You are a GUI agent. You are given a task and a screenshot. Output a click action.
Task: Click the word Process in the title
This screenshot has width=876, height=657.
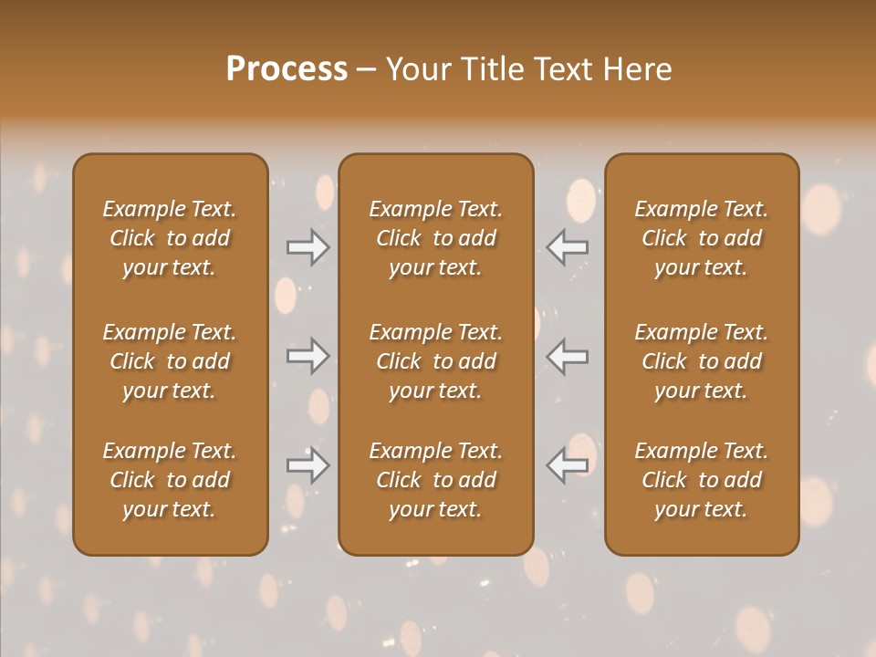(x=287, y=69)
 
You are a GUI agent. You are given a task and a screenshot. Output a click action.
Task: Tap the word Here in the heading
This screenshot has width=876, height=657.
(x=636, y=69)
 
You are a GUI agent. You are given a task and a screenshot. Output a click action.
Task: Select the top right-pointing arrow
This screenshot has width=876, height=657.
(x=308, y=247)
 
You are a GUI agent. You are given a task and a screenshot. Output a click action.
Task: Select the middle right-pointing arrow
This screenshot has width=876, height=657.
(x=308, y=356)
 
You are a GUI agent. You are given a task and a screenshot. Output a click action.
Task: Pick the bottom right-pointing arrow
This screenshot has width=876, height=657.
(x=308, y=465)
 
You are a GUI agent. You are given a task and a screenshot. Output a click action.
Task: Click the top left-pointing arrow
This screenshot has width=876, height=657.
(x=568, y=247)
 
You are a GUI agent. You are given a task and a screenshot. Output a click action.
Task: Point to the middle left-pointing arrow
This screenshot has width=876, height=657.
(x=568, y=356)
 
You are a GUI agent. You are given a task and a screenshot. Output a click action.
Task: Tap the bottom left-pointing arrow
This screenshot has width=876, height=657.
(x=568, y=465)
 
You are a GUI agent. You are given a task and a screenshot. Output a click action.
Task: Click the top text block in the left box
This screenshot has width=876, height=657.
(x=170, y=238)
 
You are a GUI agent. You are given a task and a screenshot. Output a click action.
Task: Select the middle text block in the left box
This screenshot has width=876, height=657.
(x=170, y=361)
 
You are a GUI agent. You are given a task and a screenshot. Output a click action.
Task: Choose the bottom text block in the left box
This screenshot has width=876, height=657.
(x=170, y=480)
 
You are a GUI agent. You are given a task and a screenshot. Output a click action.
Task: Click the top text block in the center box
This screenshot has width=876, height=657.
(x=436, y=238)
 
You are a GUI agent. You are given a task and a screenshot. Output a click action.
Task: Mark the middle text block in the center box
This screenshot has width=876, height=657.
(x=436, y=361)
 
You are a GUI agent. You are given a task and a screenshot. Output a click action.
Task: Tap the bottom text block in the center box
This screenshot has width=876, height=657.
(x=436, y=480)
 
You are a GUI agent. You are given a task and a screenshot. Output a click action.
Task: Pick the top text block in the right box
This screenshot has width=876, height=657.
(x=702, y=238)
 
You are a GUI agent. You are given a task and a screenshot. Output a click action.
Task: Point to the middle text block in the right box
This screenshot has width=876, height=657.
(x=702, y=361)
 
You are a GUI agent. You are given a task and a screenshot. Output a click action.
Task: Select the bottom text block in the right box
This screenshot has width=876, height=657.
(x=702, y=480)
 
